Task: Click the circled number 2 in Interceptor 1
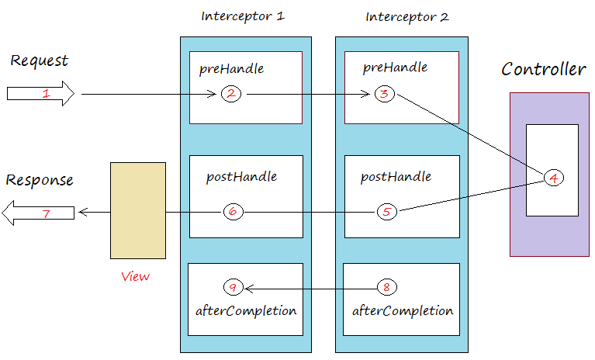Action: tap(230, 94)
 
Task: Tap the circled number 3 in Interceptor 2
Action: tap(385, 94)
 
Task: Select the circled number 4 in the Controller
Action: tap(553, 178)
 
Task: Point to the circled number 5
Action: tap(387, 211)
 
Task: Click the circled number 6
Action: tap(233, 211)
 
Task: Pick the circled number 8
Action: tap(386, 287)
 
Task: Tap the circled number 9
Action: tap(233, 287)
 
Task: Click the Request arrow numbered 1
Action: tap(40, 95)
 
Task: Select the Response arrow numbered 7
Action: tap(39, 212)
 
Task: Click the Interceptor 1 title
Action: tap(242, 16)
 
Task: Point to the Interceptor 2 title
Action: tap(406, 16)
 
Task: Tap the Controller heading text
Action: tap(543, 70)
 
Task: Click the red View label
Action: tap(136, 276)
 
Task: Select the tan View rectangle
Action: tap(138, 210)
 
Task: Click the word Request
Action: tap(40, 61)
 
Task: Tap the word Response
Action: tap(40, 180)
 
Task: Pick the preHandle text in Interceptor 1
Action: tap(231, 68)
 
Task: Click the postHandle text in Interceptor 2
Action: tap(396, 177)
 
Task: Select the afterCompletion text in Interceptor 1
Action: tap(245, 311)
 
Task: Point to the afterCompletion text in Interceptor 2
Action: tap(403, 311)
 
